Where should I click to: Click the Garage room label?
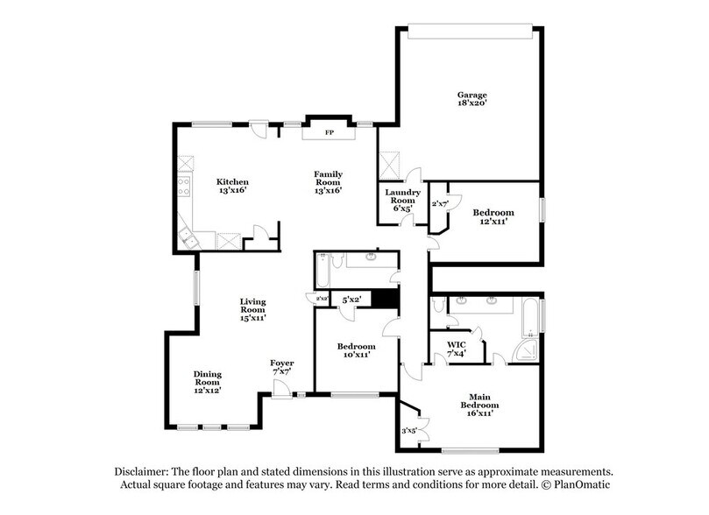[x=471, y=99]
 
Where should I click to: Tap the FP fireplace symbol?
[x=330, y=132]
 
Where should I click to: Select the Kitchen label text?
[x=233, y=186]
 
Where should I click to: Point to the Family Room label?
[x=328, y=181]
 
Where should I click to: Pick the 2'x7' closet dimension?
[x=439, y=204]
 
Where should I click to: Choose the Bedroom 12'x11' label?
[x=493, y=217]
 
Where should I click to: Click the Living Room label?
[x=252, y=308]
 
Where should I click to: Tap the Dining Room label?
[x=207, y=381]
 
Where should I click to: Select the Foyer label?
[x=281, y=367]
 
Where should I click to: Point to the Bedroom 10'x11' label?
[x=356, y=350]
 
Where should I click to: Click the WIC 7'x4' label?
[x=456, y=348]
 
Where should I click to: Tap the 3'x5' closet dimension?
[x=409, y=431]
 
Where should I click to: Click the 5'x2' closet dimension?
[x=351, y=300]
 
